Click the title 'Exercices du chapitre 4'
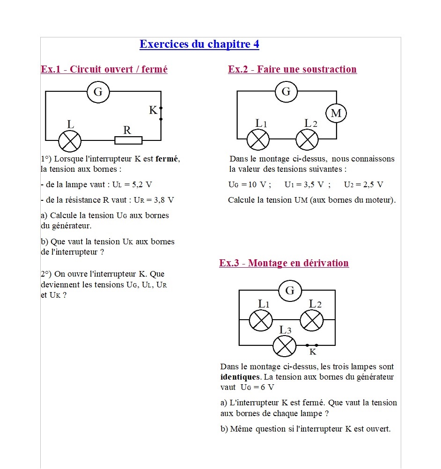pyautogui.click(x=199, y=44)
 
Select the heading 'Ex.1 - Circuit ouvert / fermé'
pyautogui.click(x=104, y=69)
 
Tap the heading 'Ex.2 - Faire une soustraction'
pyautogui.click(x=292, y=69)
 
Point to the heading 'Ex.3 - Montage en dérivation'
pyautogui.click(x=284, y=263)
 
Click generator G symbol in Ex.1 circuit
pyautogui.click(x=98, y=92)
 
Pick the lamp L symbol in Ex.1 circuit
pyautogui.click(x=69, y=141)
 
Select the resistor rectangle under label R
pyautogui.click(x=128, y=140)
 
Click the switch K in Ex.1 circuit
pyautogui.click(x=161, y=113)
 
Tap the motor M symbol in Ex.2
pyautogui.click(x=336, y=113)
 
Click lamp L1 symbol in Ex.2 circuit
pyautogui.click(x=258, y=139)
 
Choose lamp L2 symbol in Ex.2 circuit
pyautogui.click(x=307, y=139)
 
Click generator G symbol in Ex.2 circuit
pyautogui.click(x=286, y=91)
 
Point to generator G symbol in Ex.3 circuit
pyautogui.click(x=290, y=291)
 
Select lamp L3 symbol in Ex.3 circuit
pyautogui.click(x=285, y=346)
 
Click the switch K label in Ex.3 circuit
pyautogui.click(x=313, y=352)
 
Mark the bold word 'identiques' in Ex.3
pyautogui.click(x=240, y=377)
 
